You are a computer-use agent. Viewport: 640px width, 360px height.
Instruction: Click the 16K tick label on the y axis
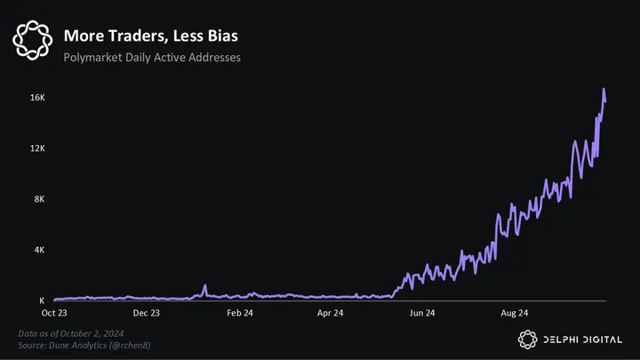coord(37,97)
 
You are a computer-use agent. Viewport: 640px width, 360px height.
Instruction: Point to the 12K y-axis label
coord(37,148)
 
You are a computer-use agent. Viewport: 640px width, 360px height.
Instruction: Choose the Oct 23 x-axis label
coord(54,313)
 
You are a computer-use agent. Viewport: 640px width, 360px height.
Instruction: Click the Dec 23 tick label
coord(146,313)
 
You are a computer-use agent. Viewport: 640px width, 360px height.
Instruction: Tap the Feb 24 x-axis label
coord(239,313)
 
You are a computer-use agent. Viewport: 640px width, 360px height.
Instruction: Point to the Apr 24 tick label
coord(330,313)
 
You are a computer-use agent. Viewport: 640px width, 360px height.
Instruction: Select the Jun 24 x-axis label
coord(422,313)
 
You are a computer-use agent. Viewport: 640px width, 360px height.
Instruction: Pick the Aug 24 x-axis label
coord(515,313)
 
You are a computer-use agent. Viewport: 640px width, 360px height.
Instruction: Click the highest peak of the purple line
coord(604,90)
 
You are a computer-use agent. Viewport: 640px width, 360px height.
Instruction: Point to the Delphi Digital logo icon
coord(527,338)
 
